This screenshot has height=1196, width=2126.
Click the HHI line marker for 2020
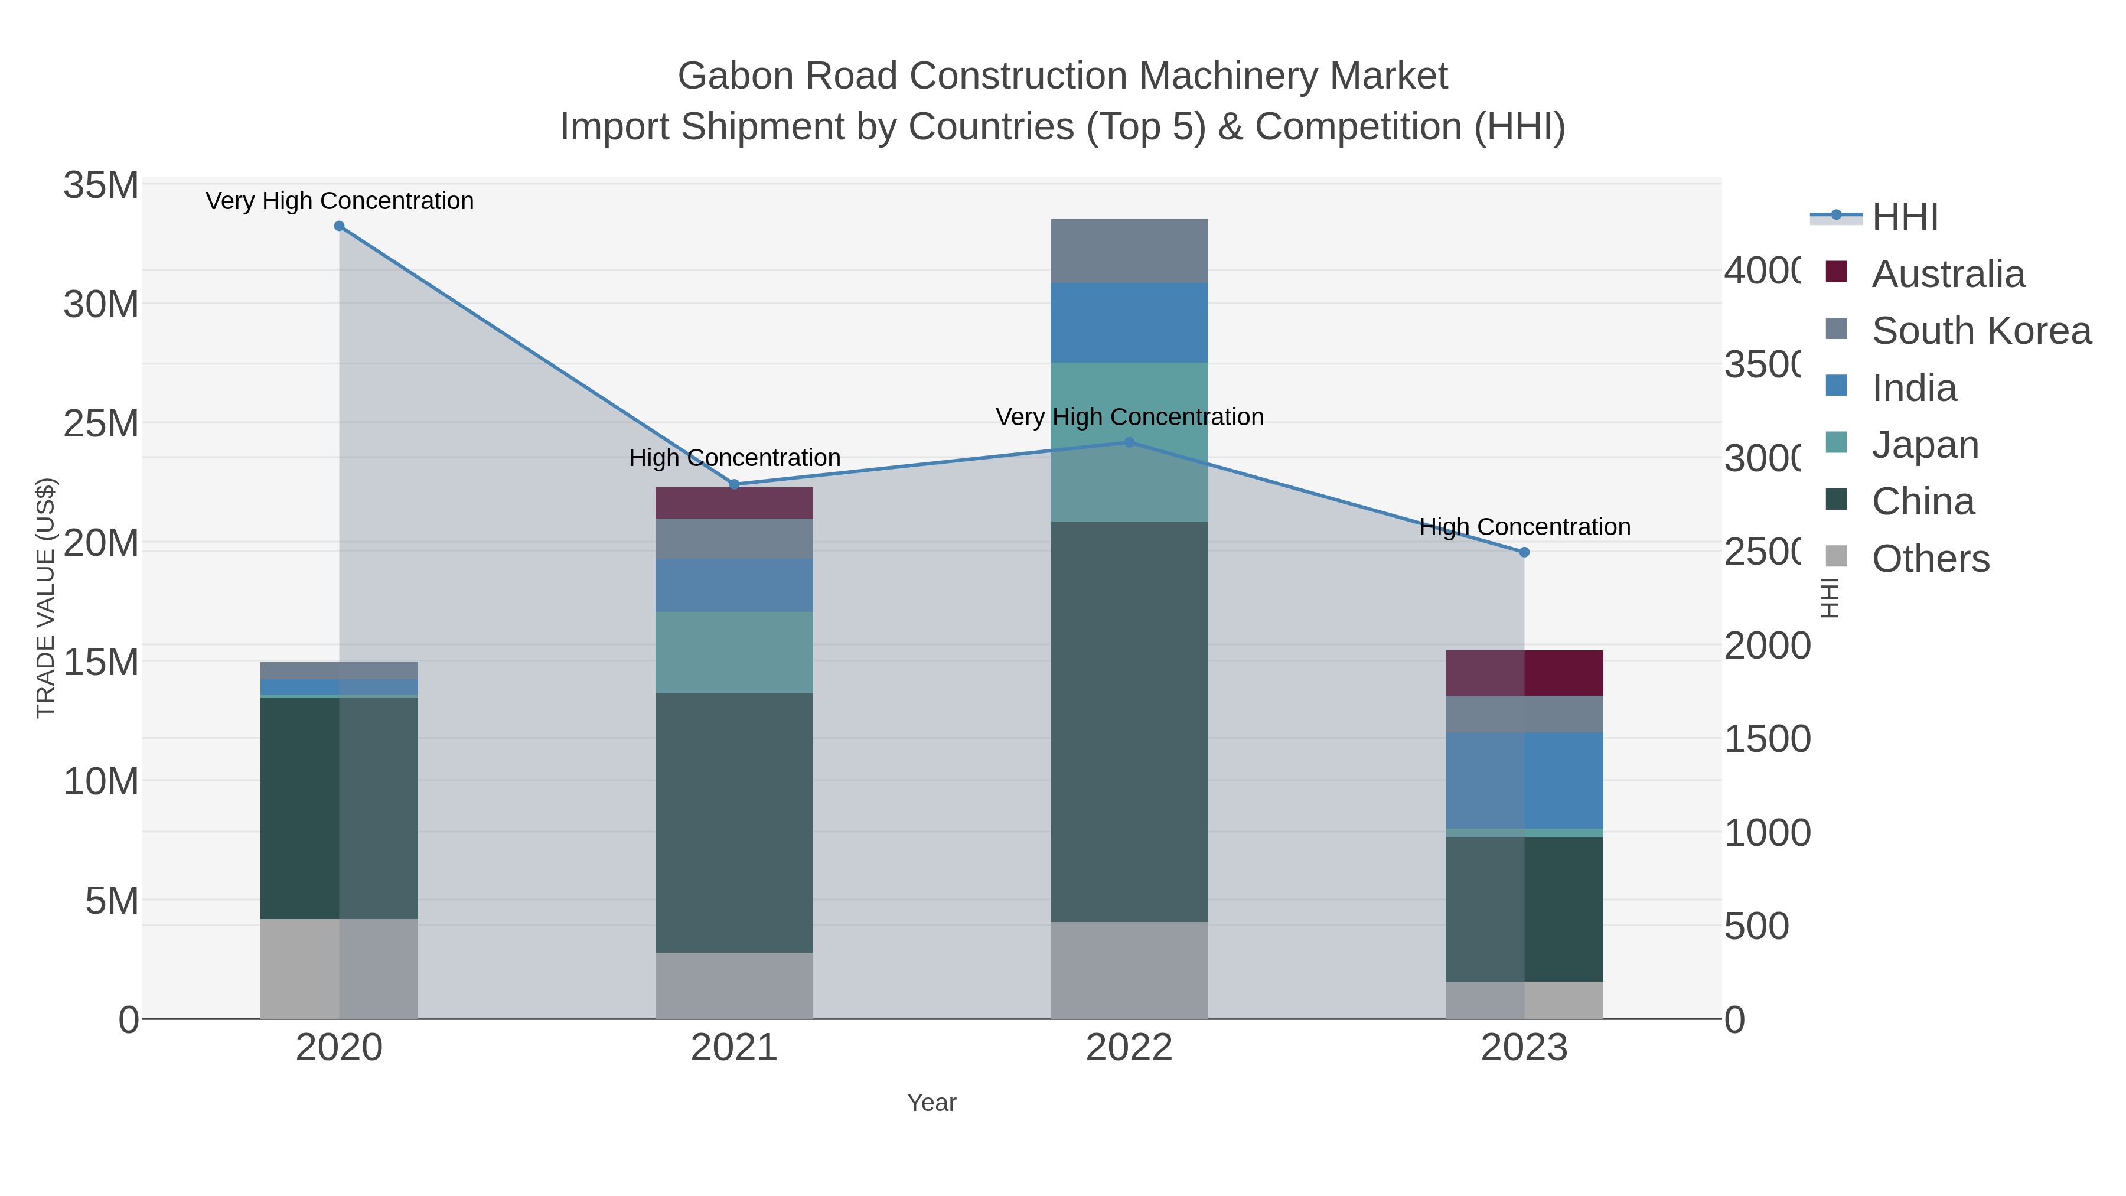pyautogui.click(x=339, y=226)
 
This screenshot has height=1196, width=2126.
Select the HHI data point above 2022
pyautogui.click(x=1129, y=442)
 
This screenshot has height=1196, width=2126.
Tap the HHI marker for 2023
pyautogui.click(x=1524, y=552)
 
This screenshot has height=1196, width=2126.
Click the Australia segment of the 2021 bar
pyautogui.click(x=733, y=503)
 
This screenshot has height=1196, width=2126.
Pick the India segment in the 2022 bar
pyautogui.click(x=1129, y=322)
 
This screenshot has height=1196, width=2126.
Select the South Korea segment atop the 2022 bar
pyautogui.click(x=1129, y=251)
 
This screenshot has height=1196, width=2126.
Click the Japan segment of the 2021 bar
pyautogui.click(x=733, y=652)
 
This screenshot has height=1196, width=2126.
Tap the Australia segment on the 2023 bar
pyautogui.click(x=1524, y=673)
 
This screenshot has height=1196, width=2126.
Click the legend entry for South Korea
pyautogui.click(x=1981, y=331)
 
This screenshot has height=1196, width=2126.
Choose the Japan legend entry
pyautogui.click(x=1925, y=445)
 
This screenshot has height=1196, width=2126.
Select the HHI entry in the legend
pyautogui.click(x=1905, y=217)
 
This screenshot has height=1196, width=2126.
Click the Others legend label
pyautogui.click(x=1931, y=559)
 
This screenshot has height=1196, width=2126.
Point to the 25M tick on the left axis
pyautogui.click(x=100, y=424)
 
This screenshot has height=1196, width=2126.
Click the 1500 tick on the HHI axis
pyautogui.click(x=1767, y=739)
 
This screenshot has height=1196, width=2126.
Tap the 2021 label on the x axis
pyautogui.click(x=733, y=1048)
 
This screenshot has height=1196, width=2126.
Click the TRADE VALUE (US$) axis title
pyautogui.click(x=46, y=598)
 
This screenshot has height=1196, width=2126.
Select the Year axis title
pyautogui.click(x=931, y=1103)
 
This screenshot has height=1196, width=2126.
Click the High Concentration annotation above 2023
pyautogui.click(x=1524, y=527)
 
